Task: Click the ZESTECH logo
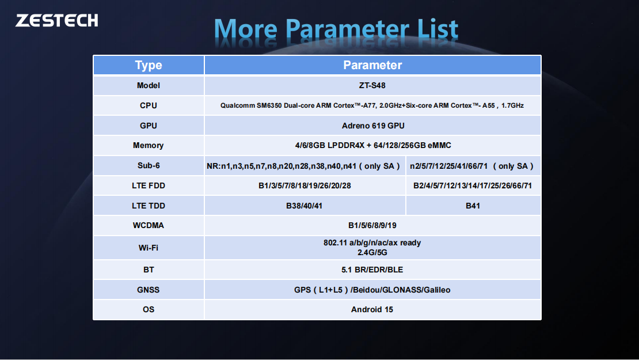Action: pyautogui.click(x=56, y=20)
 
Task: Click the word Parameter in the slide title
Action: pyautogui.click(x=347, y=30)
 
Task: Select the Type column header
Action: pyautogui.click(x=149, y=65)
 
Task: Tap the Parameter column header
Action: pyautogui.click(x=372, y=65)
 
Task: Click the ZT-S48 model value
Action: pyautogui.click(x=372, y=86)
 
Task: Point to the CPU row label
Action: pyautogui.click(x=149, y=105)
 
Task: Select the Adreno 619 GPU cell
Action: pyautogui.click(x=373, y=126)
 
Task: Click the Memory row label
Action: pyautogui.click(x=149, y=146)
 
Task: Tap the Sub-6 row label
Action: pyautogui.click(x=149, y=165)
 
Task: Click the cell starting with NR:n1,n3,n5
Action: pyautogui.click(x=305, y=166)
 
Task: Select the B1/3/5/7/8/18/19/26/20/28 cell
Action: pyautogui.click(x=305, y=186)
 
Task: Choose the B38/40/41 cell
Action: pyautogui.click(x=305, y=206)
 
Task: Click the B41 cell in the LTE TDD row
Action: pyautogui.click(x=473, y=206)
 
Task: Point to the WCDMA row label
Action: pyautogui.click(x=149, y=225)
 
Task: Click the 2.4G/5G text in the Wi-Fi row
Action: pyautogui.click(x=372, y=253)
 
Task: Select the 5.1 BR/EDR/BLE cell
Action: pyautogui.click(x=372, y=270)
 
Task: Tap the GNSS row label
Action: pyautogui.click(x=149, y=290)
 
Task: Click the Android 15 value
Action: pyautogui.click(x=372, y=309)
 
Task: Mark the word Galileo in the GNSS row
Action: pyautogui.click(x=437, y=290)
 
